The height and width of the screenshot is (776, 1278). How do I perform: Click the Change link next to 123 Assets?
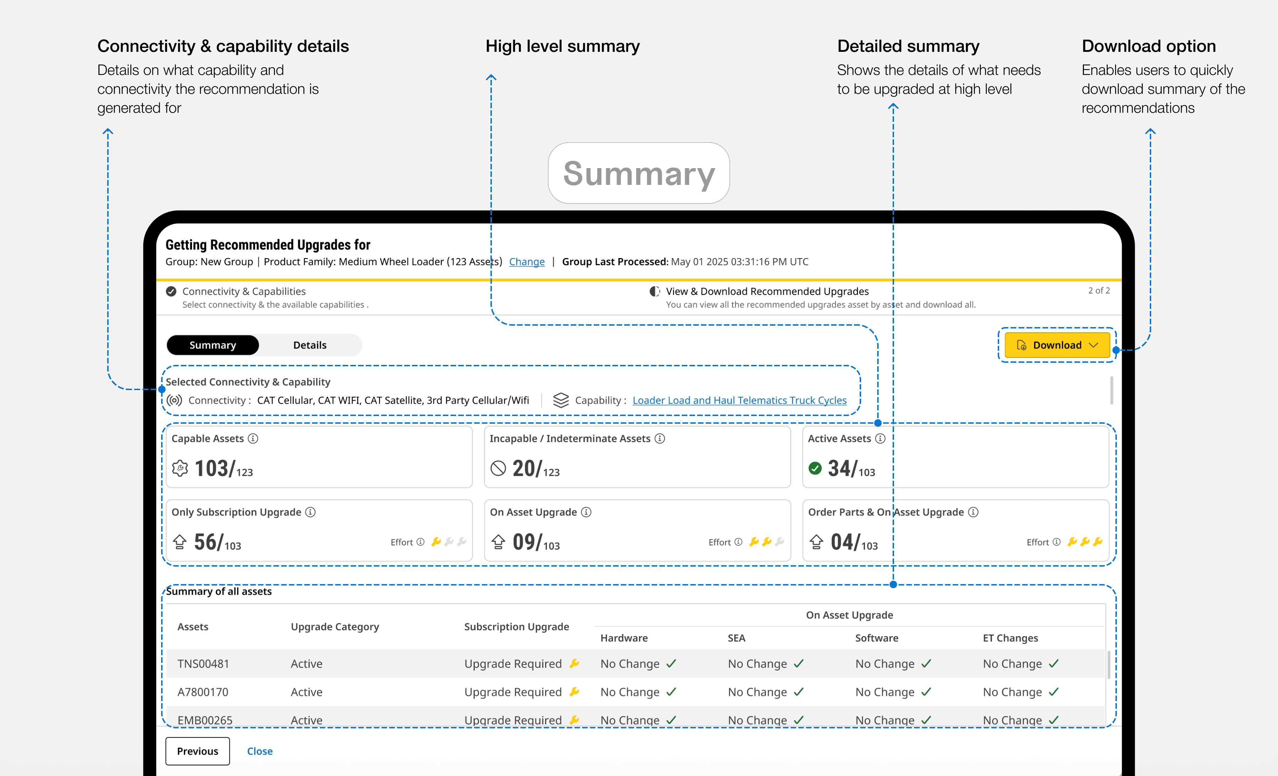pos(527,262)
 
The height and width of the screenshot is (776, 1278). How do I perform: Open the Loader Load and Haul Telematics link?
pos(740,400)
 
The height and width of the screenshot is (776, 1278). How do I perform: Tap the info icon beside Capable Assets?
pos(253,438)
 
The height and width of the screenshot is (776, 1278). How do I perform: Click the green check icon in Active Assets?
pos(815,469)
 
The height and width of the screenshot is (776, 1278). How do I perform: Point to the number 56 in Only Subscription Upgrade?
pos(205,542)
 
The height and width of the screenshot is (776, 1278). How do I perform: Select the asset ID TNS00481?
pos(203,664)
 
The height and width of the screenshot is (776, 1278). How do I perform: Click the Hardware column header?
pos(624,638)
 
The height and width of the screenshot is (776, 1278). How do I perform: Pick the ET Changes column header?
pos(1010,638)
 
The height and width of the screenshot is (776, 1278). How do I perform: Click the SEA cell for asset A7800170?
pos(765,692)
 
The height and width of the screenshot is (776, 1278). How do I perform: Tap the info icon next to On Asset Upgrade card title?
pos(586,512)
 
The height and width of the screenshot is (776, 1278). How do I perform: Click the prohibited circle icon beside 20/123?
pos(498,469)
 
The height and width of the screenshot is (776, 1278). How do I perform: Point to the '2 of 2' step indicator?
pos(1099,291)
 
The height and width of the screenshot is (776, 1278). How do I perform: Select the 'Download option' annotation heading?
pos(1149,46)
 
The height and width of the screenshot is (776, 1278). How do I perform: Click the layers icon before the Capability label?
pos(561,400)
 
